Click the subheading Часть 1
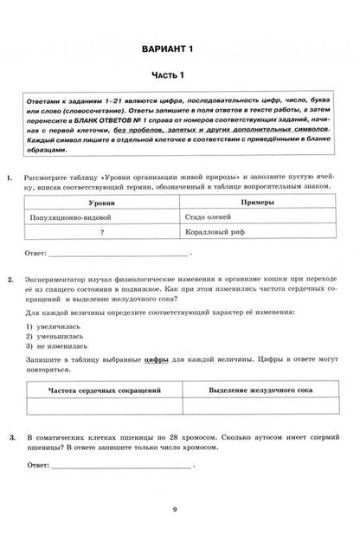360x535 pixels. [x=180, y=75]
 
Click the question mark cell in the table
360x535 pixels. [x=100, y=233]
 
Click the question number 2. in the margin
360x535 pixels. [x=10, y=282]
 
